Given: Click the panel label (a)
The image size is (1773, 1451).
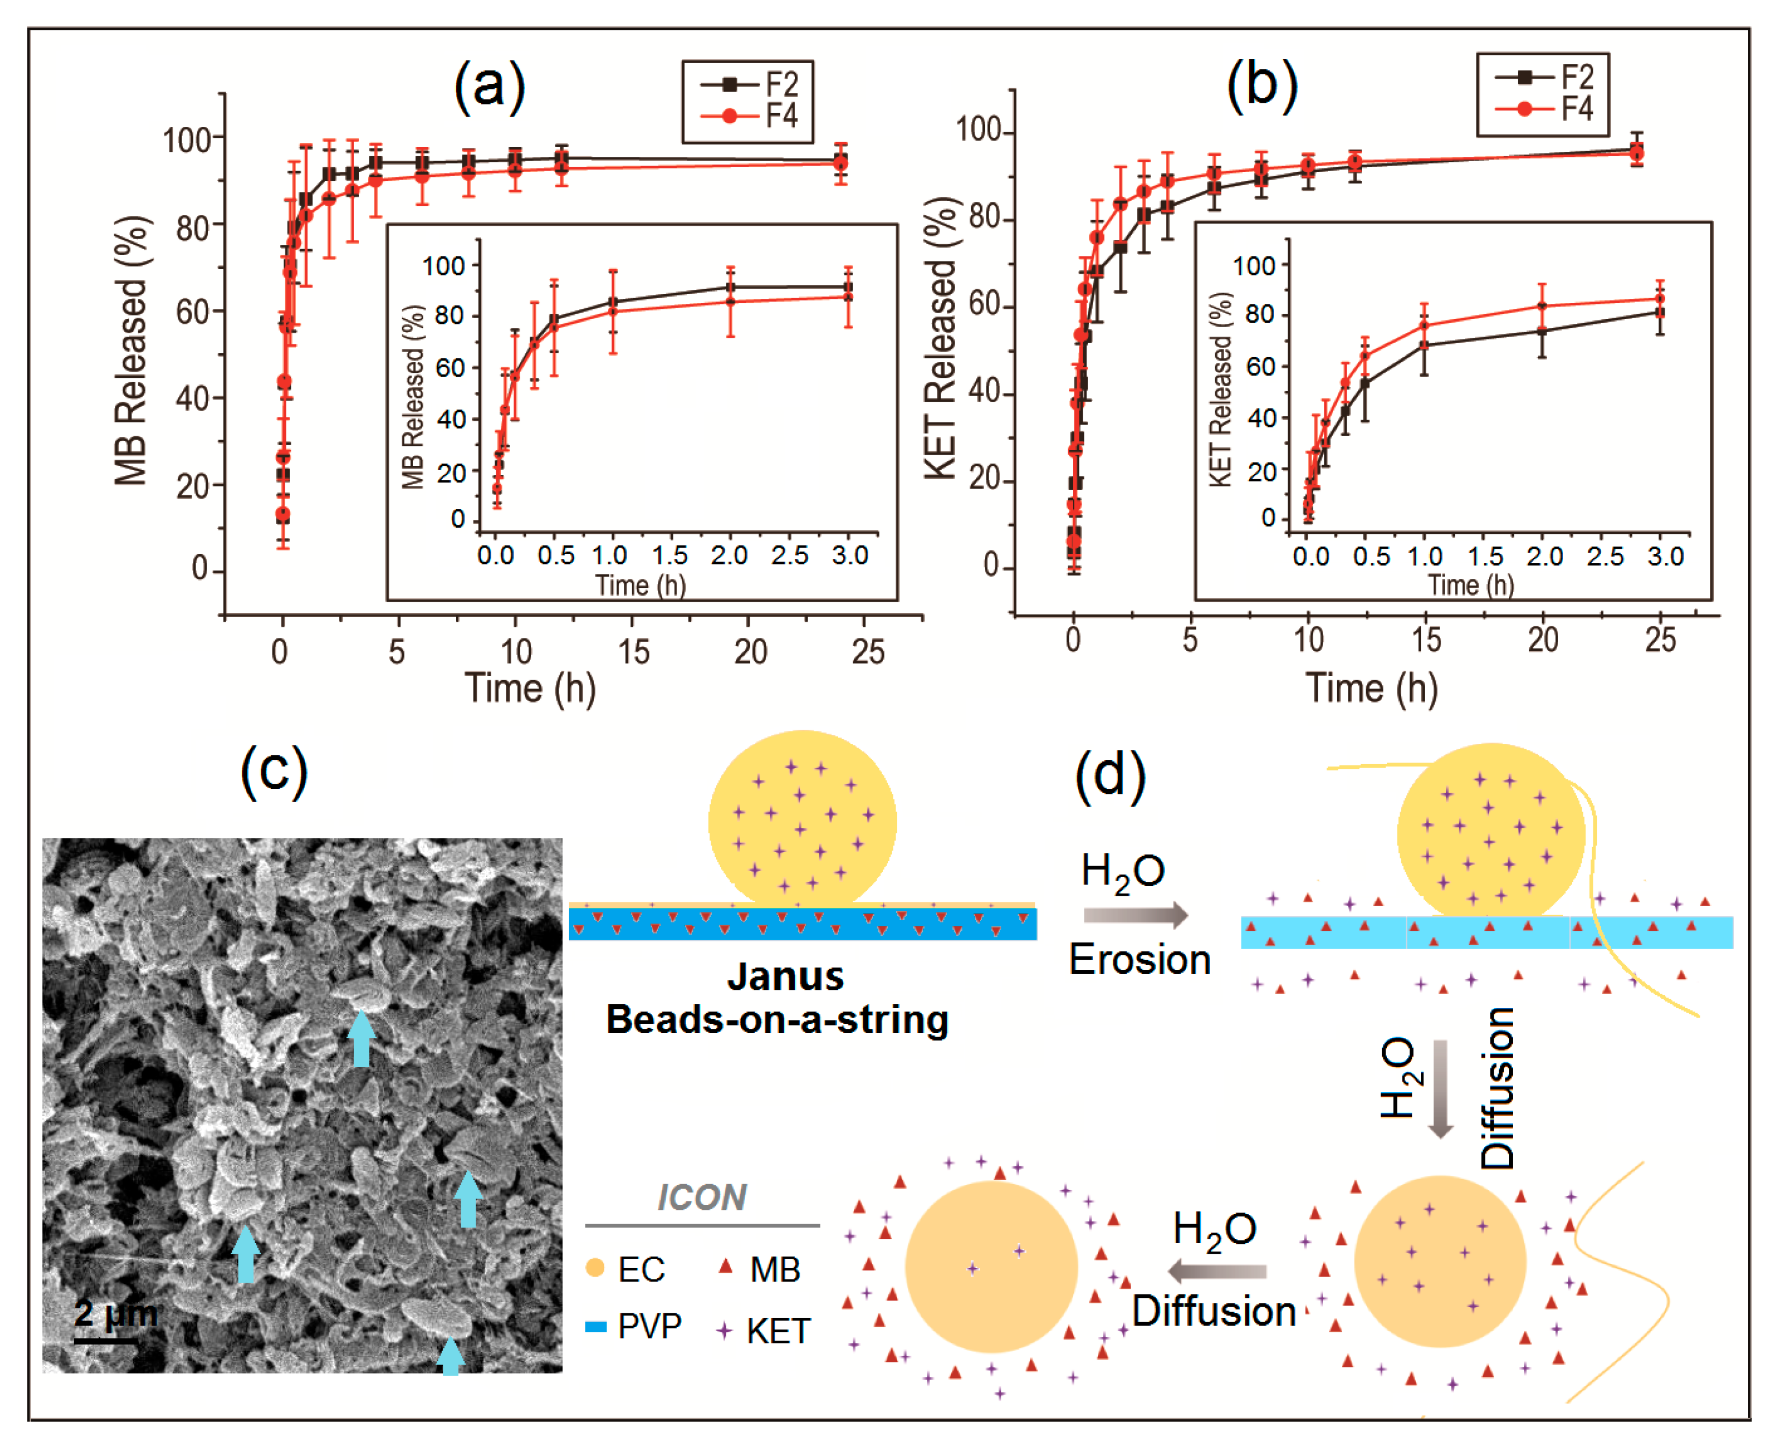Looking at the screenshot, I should [489, 86].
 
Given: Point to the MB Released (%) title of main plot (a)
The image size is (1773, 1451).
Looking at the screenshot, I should [131, 351].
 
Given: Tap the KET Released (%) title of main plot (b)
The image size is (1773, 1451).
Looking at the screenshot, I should [941, 338].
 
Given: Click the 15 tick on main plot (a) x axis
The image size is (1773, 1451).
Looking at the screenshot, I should [633, 652].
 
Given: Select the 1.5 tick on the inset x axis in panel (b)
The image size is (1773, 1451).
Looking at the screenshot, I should [1486, 557].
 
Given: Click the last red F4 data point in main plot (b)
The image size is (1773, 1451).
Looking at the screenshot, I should [1637, 153].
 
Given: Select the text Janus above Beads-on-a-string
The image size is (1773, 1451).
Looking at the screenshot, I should [785, 976].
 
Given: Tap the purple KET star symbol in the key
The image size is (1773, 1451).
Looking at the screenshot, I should [725, 1330].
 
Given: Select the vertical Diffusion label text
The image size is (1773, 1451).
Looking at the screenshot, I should [1497, 1086].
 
